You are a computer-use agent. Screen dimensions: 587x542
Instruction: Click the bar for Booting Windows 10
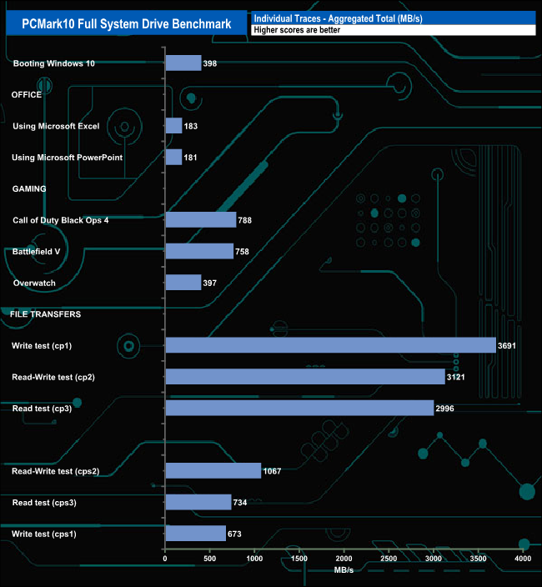point(183,63)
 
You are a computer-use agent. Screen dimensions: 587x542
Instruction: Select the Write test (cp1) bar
point(330,345)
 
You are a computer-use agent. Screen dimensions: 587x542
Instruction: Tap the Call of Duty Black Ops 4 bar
point(201,220)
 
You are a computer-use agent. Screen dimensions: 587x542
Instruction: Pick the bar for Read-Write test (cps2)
point(213,471)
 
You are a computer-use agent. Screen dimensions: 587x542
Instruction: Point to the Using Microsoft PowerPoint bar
point(173,158)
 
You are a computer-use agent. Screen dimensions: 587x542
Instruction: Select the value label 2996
point(446,409)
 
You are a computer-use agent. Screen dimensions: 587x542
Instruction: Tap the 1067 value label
point(272,471)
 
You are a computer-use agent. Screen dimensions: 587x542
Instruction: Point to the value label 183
point(191,126)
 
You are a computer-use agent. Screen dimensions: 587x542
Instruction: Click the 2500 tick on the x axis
point(389,558)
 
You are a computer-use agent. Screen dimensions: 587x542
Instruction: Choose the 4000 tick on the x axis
point(523,558)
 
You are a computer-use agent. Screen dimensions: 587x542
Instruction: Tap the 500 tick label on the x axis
point(210,558)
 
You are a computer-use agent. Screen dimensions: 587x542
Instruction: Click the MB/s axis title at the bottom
point(344,572)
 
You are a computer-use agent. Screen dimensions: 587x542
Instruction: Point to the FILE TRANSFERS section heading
point(45,314)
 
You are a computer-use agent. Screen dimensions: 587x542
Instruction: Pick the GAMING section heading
point(29,188)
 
